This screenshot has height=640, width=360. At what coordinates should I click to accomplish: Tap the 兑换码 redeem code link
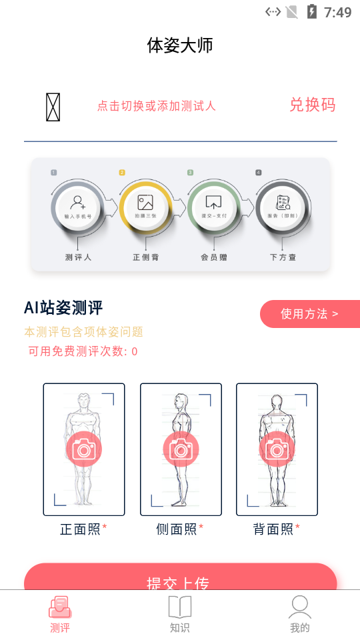[x=312, y=105]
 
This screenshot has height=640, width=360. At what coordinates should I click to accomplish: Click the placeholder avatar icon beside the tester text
[x=53, y=107]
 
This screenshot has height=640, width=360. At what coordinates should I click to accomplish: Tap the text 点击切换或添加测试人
[x=157, y=106]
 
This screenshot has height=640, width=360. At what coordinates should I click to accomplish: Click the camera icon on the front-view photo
[x=84, y=449]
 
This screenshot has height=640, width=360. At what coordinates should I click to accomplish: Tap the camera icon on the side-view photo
[x=181, y=449]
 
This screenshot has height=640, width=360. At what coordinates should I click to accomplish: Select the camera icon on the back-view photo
[x=277, y=449]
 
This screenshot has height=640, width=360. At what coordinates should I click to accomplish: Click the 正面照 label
[x=81, y=529]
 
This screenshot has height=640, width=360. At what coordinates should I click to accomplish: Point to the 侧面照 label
[x=177, y=529]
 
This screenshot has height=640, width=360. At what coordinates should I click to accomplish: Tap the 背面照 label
[x=273, y=529]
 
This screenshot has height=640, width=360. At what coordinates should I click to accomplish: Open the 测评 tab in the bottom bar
[x=60, y=615]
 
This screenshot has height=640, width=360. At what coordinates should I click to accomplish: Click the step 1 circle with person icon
[x=78, y=206]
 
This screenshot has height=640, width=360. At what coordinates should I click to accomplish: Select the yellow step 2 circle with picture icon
[x=145, y=206]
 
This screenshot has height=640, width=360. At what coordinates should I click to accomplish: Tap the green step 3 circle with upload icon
[x=213, y=206]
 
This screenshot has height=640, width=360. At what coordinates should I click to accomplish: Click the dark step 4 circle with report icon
[x=283, y=206]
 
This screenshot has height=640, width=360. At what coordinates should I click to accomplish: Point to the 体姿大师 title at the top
[x=180, y=45]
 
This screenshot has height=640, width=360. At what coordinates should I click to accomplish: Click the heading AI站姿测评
[x=63, y=307]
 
